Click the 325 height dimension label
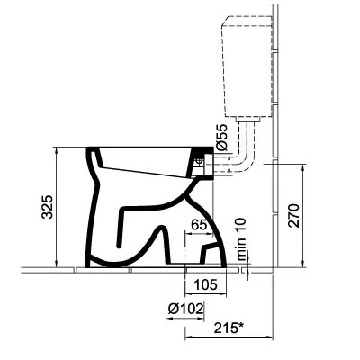click(x=47, y=207)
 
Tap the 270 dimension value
click(x=293, y=215)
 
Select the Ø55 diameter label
click(x=222, y=138)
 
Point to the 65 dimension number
click(x=200, y=224)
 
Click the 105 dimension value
click(x=206, y=284)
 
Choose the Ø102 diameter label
click(x=185, y=309)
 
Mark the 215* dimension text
click(x=229, y=328)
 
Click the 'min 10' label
click(x=241, y=239)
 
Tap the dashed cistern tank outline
click(x=222, y=69)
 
